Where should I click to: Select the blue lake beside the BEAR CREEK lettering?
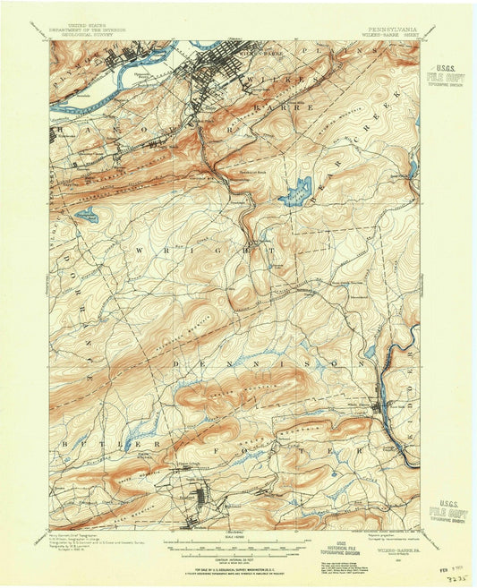295,191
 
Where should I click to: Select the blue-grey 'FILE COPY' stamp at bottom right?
447,514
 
